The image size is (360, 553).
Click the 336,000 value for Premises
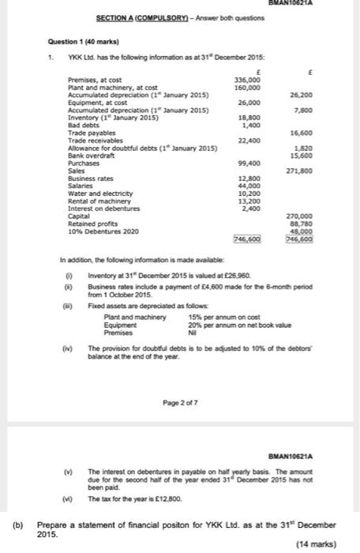pyautogui.click(x=248, y=80)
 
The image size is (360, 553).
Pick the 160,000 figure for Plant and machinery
pyautogui.click(x=248, y=87)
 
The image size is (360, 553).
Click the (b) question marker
pyautogui.click(x=16, y=525)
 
